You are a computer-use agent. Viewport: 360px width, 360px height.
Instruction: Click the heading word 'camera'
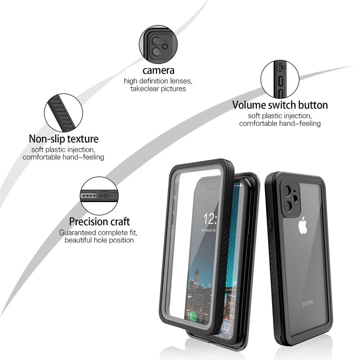pos(158,71)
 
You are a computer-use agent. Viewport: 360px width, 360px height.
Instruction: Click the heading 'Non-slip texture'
pos(63,139)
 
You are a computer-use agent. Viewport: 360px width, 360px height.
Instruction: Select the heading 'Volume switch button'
pos(280,105)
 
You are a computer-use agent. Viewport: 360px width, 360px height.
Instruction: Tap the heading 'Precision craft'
pos(99,222)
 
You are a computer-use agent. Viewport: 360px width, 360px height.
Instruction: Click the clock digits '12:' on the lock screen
pos(211,220)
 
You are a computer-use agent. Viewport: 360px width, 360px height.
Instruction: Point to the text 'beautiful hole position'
pos(99,240)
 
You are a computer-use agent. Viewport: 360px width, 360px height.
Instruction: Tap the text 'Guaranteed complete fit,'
pos(99,233)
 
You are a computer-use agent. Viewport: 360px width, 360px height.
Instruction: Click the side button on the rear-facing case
pos(271,224)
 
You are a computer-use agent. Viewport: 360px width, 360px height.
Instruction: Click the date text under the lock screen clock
pos(209,230)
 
